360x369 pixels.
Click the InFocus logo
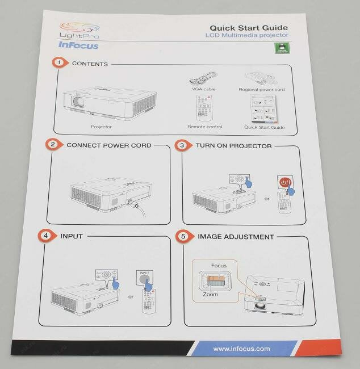tap(78, 45)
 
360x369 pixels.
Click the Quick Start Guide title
tap(249, 27)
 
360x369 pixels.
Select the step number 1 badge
tap(58, 63)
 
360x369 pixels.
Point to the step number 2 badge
tap(53, 145)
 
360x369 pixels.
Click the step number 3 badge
tap(182, 145)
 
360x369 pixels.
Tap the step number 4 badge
tap(47, 236)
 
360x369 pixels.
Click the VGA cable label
tap(204, 89)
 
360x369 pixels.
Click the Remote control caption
tap(205, 127)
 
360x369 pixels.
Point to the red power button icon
tap(286, 183)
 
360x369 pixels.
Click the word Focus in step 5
tap(219, 265)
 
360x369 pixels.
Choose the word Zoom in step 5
tap(210, 295)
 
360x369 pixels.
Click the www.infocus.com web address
tap(241, 349)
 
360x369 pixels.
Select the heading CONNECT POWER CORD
tap(109, 145)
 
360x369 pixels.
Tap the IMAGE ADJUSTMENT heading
tap(236, 237)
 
